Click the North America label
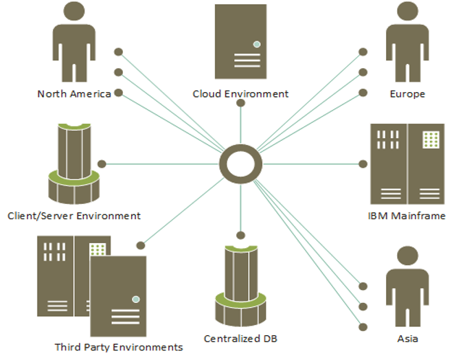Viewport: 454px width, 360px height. (x=73, y=94)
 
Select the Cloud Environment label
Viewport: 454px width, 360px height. (x=240, y=94)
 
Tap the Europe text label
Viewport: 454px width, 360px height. (x=407, y=94)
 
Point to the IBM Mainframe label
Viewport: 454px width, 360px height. (x=407, y=216)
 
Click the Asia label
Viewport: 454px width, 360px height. (x=407, y=339)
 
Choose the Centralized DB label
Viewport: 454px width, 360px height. (x=240, y=339)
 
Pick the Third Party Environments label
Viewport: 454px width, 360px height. (x=119, y=347)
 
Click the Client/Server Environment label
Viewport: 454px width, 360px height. (x=73, y=216)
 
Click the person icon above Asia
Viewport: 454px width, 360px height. (x=407, y=289)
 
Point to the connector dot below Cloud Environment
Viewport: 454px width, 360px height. (x=240, y=103)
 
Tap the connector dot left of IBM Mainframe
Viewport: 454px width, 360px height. (x=363, y=164)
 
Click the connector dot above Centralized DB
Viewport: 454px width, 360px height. (x=240, y=236)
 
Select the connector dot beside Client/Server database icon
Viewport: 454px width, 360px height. (x=102, y=164)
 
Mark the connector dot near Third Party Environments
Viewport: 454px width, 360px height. (x=141, y=245)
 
